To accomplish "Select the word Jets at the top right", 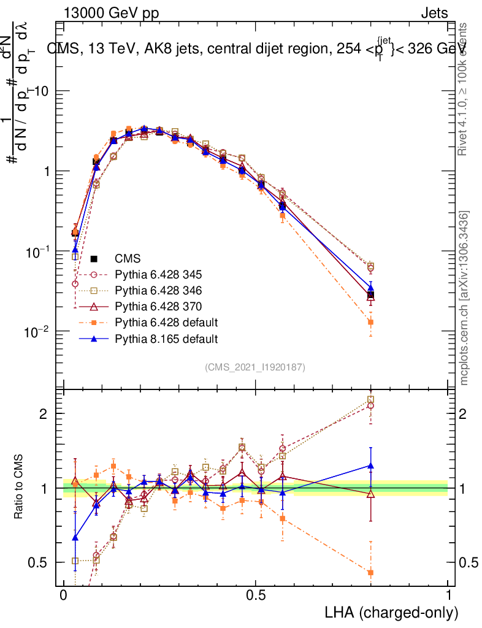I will [434, 13].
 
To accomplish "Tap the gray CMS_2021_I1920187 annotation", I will [255, 367].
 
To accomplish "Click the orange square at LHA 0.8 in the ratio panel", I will [370, 573].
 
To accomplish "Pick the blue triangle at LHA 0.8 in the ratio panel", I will [370, 465].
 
